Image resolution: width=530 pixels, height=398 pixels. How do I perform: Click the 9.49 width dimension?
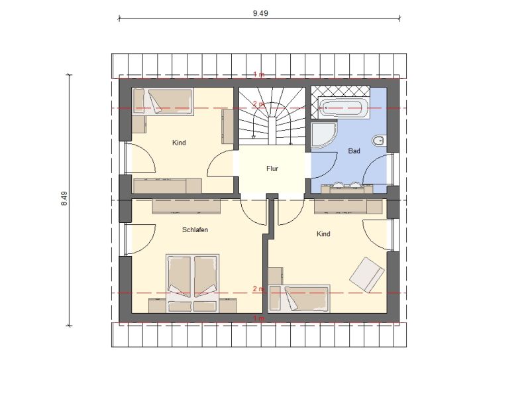(x=260, y=13)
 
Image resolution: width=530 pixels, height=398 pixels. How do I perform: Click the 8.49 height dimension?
(x=64, y=198)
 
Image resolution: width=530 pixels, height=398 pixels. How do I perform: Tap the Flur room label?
(x=272, y=168)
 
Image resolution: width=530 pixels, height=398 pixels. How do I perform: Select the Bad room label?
(x=354, y=151)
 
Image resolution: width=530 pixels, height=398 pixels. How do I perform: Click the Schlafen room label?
(x=195, y=230)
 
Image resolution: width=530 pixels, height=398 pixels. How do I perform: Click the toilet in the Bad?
(x=379, y=141)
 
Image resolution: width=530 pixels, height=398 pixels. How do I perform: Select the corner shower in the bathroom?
(x=324, y=135)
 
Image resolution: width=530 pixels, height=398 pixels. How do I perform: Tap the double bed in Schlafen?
(x=192, y=283)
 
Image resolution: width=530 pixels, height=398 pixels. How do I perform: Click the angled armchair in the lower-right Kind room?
(x=367, y=275)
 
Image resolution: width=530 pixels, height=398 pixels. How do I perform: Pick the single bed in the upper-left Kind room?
(x=163, y=101)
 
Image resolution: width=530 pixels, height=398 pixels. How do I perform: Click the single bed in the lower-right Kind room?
(x=299, y=298)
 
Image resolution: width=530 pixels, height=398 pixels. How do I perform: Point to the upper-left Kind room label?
(x=179, y=143)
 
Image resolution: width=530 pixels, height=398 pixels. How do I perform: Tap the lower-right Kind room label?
(x=323, y=234)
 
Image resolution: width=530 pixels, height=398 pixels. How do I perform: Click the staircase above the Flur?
(x=272, y=116)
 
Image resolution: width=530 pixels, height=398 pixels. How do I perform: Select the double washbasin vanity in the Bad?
(x=343, y=188)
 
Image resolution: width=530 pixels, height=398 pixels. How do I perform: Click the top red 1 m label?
(x=259, y=74)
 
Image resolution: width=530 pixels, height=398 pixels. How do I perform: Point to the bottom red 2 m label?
(x=258, y=289)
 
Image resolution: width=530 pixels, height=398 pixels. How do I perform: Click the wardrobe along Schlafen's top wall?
(x=186, y=206)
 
